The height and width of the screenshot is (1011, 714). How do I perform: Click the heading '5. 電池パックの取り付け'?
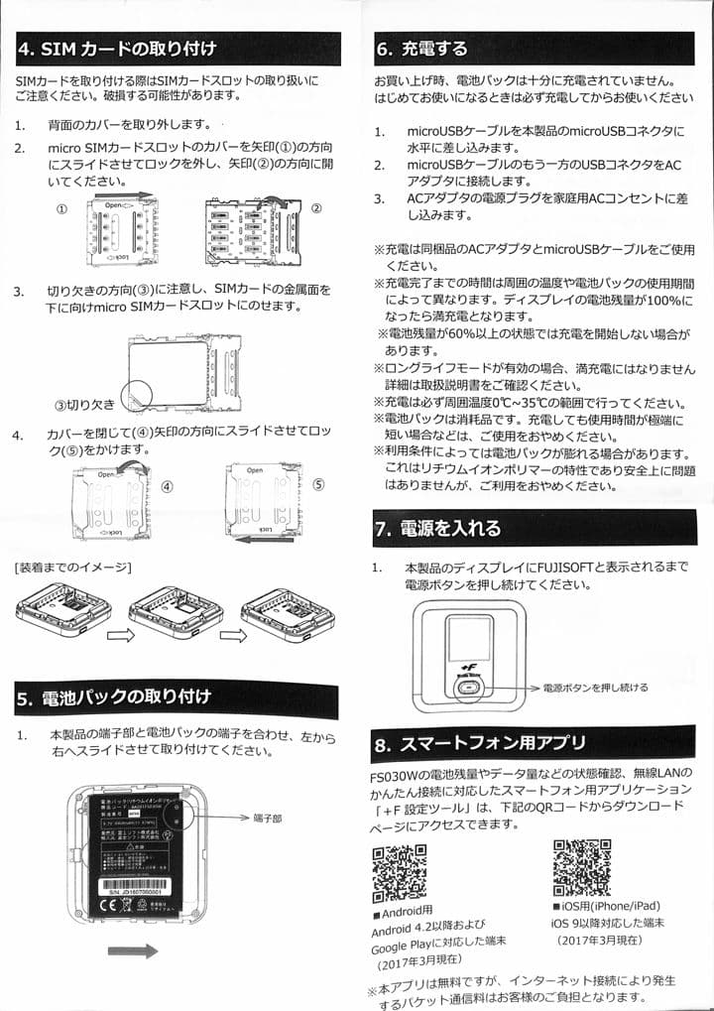point(129,697)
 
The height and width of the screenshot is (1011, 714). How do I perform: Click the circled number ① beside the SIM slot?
point(61,210)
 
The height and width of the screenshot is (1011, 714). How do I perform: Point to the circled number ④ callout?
point(167,487)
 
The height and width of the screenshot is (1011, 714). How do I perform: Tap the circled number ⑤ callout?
point(318,485)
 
